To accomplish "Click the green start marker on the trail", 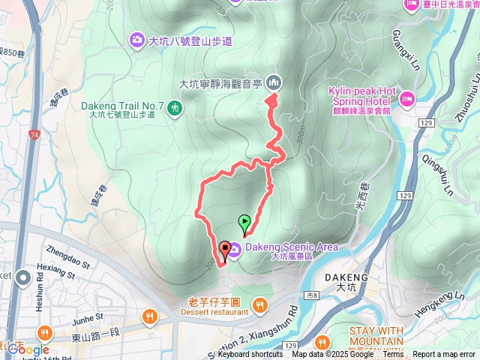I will pos(244,223).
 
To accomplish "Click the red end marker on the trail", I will pos(224,249).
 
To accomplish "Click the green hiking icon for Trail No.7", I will pos(175,107).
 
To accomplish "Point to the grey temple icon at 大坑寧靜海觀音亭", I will pos(274,81).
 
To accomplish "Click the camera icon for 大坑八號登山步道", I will pos(136,40).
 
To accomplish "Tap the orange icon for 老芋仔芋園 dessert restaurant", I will pos(259,304).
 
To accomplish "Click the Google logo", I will pos(28,349).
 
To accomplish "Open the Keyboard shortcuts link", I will pos(250,355).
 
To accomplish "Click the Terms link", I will pos(394,355).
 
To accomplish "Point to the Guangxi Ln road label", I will pos(406,48).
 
